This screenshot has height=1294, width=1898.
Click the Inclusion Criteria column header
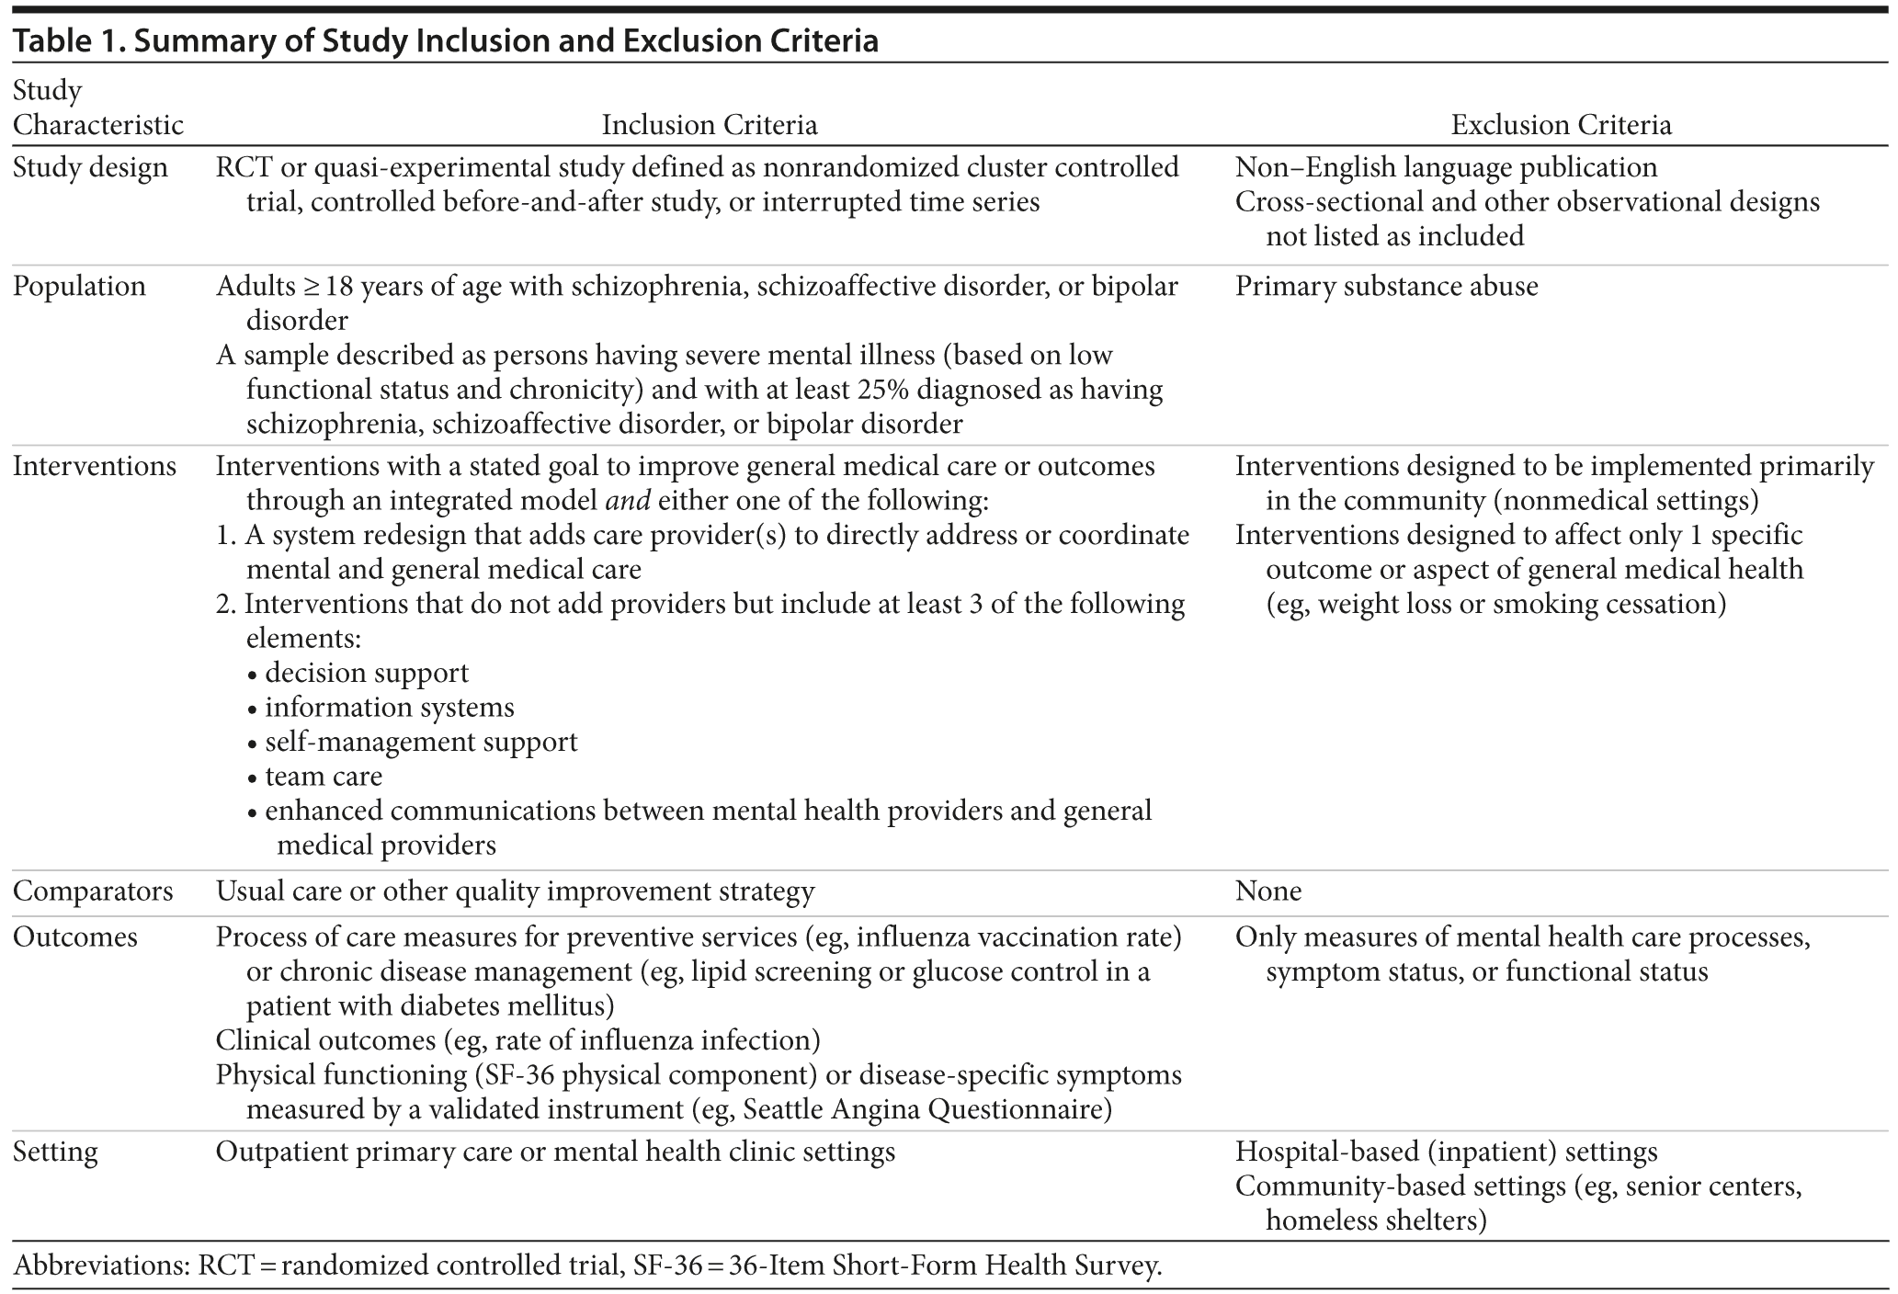click(x=709, y=125)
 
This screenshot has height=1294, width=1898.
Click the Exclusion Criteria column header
click(x=1560, y=125)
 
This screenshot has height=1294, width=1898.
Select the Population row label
click(x=79, y=286)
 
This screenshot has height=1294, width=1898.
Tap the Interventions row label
click(x=95, y=466)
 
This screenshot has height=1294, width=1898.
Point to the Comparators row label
click(x=93, y=891)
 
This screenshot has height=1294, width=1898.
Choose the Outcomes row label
click(x=74, y=936)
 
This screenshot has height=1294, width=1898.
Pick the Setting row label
click(x=55, y=1152)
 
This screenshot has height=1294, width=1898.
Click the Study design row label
click(x=90, y=167)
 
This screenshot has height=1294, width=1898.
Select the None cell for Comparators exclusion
click(x=1267, y=891)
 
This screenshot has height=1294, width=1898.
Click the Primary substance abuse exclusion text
click(x=1386, y=286)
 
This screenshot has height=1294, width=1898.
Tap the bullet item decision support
click(x=366, y=673)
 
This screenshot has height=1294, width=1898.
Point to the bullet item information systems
click(x=389, y=707)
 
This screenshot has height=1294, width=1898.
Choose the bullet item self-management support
click(x=421, y=742)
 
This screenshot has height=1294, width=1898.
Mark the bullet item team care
click(x=323, y=776)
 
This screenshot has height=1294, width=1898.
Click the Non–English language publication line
click(x=1446, y=167)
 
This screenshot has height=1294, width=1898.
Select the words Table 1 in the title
click(x=64, y=40)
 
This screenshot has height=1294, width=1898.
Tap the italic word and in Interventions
click(x=628, y=501)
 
